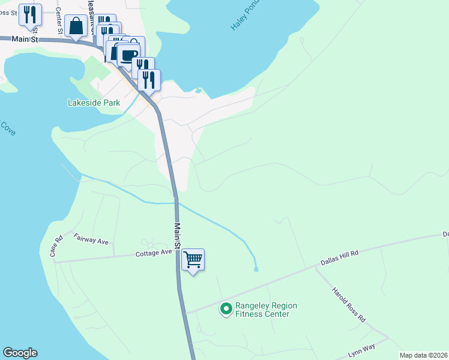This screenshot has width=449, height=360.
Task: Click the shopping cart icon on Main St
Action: (193, 260)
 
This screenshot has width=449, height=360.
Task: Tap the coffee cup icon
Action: (128, 55)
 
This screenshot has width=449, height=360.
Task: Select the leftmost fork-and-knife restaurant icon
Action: (30, 14)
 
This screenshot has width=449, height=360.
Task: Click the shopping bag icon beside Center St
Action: (76, 26)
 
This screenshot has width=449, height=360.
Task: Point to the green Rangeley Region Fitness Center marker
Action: (226, 309)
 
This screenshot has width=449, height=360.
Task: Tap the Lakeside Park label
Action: (94, 103)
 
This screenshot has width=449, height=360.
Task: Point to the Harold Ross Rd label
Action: (349, 305)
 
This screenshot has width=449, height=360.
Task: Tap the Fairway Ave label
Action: (91, 239)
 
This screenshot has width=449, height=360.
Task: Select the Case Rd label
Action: (56, 247)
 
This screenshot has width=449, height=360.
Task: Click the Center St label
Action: (58, 20)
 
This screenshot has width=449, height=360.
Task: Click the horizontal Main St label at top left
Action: (25, 39)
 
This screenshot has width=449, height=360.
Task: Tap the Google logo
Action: (20, 353)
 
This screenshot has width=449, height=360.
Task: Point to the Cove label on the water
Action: (7, 128)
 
